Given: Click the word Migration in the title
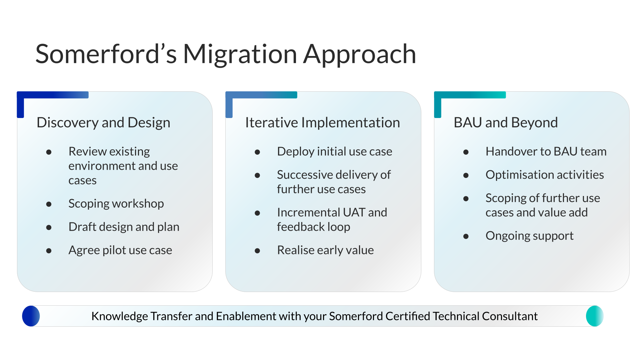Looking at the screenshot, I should point(240,54).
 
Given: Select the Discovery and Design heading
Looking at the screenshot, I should point(103,123).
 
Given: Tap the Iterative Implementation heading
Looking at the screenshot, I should point(322,123).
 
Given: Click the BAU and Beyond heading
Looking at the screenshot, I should point(505,123).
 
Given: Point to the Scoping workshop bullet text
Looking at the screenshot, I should point(116,204).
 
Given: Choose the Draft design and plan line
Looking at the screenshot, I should point(124,227).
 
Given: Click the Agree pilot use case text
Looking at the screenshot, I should point(120,250).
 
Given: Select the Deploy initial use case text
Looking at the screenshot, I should point(334,152).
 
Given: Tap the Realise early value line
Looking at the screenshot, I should point(325,250).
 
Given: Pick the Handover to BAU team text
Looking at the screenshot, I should point(546,152).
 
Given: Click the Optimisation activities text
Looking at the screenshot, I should point(544,175).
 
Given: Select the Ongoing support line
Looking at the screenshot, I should point(529,236).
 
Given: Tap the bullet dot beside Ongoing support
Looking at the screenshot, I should point(466,237).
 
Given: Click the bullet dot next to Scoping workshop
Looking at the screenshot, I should point(49,204).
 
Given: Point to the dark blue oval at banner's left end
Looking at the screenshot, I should point(31,316).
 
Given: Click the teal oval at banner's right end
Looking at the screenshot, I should point(595,316).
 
